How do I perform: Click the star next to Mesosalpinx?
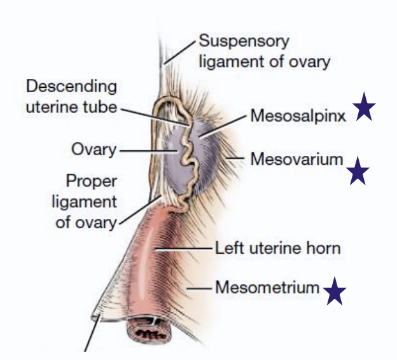click(365, 107)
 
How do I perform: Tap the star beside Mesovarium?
click(358, 171)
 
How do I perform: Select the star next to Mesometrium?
click(335, 293)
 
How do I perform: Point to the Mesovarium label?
click(296, 158)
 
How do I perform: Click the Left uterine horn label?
click(277, 247)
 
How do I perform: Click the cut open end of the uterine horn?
click(149, 331)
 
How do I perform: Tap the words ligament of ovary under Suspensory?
click(264, 62)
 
